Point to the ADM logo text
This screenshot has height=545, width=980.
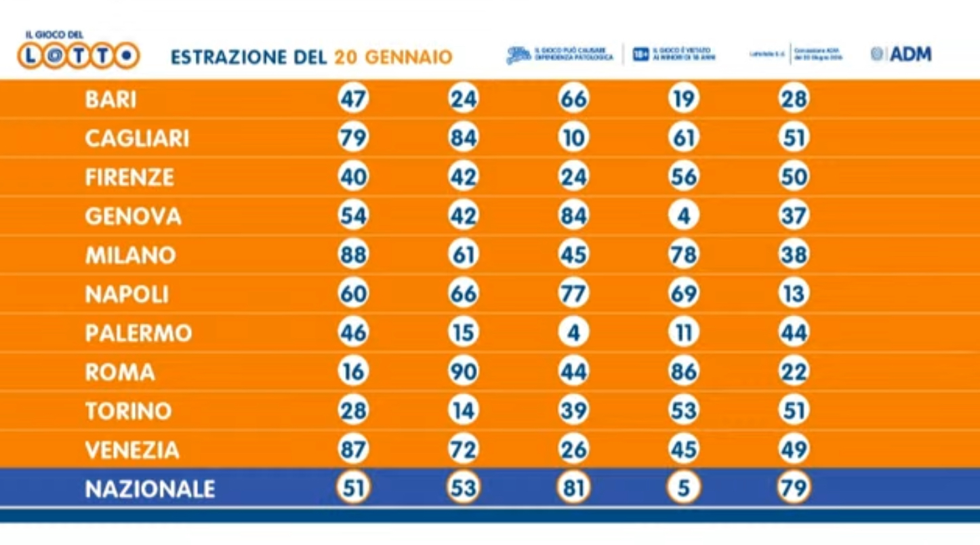click(910, 54)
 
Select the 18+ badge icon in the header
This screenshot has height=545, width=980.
click(640, 54)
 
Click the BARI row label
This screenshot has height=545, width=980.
click(110, 100)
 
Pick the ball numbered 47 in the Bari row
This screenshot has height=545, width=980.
click(353, 100)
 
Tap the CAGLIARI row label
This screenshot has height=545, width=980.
click(137, 138)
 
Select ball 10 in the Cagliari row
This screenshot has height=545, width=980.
click(573, 138)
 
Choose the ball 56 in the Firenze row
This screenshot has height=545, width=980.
click(683, 177)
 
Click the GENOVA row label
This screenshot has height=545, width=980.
click(133, 216)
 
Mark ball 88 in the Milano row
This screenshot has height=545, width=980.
click(353, 255)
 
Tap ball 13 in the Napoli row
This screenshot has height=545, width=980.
click(794, 294)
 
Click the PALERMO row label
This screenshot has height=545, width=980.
click(138, 333)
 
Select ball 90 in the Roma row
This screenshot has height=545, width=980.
click(464, 372)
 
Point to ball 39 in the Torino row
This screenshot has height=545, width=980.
click(573, 411)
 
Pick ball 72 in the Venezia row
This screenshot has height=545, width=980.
click(464, 449)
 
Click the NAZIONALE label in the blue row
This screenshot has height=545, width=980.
click(150, 489)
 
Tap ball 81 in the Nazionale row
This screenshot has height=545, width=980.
click(573, 488)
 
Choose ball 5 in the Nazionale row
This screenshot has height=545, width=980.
click(683, 488)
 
